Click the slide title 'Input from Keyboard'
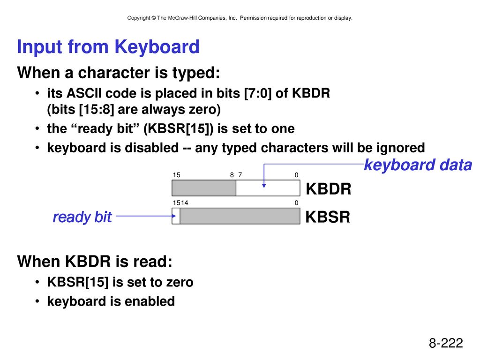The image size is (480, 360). click(108, 47)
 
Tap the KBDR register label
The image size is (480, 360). click(329, 188)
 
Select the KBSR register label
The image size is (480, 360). click(328, 217)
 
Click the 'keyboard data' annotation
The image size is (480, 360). click(418, 165)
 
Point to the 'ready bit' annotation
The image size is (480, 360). click(82, 217)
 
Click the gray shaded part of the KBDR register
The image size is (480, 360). click(204, 188)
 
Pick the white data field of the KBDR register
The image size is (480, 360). click(268, 188)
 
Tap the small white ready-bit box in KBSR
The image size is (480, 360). click(176, 216)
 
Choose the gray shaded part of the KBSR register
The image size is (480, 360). click(240, 216)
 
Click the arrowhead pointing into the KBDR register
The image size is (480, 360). click(264, 186)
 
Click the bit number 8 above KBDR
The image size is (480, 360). click(232, 175)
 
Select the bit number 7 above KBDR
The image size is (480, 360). click(240, 175)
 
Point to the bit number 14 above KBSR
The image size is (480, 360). click(185, 202)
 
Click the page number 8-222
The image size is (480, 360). click(446, 343)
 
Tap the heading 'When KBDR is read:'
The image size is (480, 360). click(95, 262)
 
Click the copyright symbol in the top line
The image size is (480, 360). click(153, 18)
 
